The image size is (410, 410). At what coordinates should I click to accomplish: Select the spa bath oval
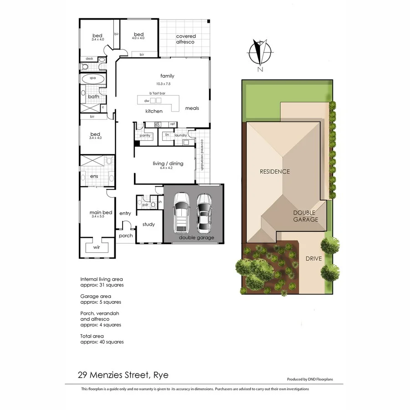click(x=92, y=78)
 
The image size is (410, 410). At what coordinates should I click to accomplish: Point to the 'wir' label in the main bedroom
click(x=97, y=247)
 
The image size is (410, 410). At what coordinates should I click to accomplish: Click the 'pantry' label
click(x=145, y=135)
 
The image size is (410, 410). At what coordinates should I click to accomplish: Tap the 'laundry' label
click(x=181, y=135)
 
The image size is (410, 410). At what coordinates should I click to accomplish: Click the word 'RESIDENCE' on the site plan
click(x=275, y=172)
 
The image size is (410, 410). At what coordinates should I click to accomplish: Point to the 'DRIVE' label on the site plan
click(x=313, y=258)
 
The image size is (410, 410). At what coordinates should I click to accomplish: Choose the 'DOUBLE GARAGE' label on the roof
click(x=305, y=216)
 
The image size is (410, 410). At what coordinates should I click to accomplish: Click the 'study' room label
click(x=149, y=224)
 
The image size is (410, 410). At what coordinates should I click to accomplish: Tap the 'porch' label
click(x=126, y=236)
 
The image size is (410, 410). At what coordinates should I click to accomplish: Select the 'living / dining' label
click(x=168, y=164)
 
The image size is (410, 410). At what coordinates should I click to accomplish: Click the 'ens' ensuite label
click(x=94, y=176)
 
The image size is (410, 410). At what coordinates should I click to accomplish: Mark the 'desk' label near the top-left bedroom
click(x=89, y=59)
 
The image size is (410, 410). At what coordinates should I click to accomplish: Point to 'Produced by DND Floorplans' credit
click(x=309, y=379)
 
